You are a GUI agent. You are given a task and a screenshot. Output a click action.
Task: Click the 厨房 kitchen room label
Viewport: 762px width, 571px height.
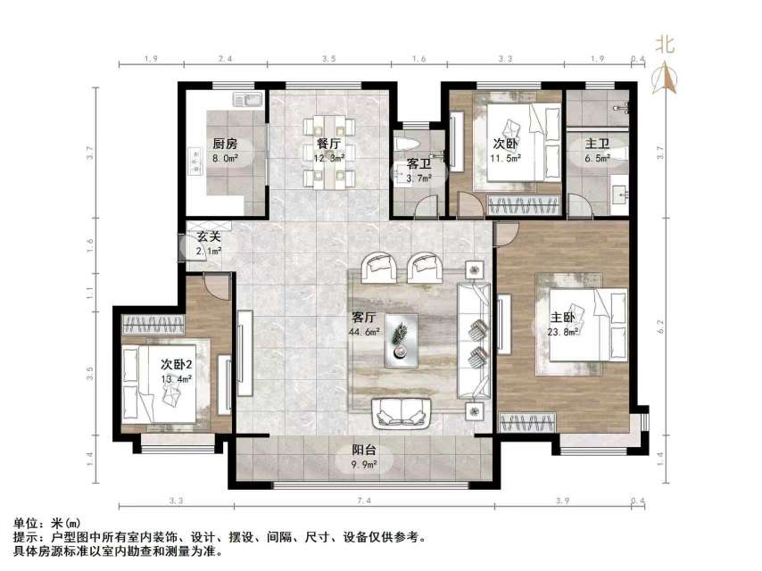pos(225,144)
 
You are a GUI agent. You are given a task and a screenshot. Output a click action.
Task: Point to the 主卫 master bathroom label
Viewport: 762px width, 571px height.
pos(597,144)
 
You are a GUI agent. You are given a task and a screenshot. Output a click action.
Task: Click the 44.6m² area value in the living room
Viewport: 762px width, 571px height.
pos(364,332)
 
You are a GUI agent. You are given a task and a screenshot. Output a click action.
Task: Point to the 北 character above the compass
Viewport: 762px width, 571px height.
pos(665,43)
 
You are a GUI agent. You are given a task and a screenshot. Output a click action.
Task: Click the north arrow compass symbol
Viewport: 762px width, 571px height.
pos(665,78)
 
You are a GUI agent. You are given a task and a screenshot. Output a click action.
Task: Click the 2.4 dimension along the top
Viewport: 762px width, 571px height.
pos(225,59)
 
